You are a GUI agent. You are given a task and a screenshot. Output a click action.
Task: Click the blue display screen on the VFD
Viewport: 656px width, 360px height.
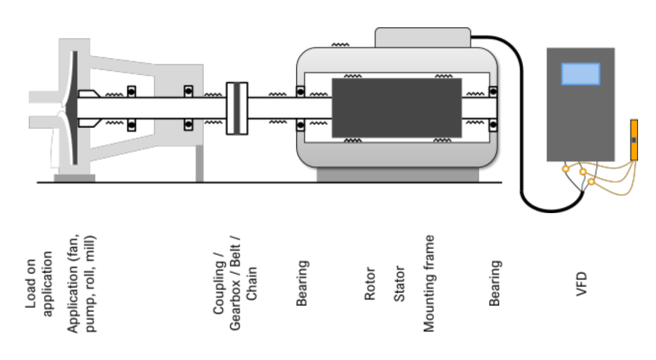(581, 74)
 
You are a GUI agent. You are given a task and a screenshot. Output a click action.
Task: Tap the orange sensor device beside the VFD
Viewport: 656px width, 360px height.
(634, 140)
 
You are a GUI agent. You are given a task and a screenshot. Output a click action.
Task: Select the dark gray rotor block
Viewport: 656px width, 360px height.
(397, 108)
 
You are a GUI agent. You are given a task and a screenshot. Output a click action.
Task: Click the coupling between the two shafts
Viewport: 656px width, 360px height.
(237, 108)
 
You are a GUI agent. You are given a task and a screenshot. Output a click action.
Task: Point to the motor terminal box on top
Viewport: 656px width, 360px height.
(423, 37)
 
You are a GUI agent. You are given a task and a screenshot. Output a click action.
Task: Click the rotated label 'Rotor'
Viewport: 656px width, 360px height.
(370, 283)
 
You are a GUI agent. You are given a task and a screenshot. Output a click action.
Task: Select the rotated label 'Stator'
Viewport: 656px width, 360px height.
(399, 283)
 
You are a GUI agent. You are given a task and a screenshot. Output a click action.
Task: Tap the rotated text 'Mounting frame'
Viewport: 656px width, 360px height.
(429, 283)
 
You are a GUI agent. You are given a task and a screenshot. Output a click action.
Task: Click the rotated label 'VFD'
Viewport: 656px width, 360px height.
(582, 284)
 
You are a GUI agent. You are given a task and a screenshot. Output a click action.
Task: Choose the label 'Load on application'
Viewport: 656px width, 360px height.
(38, 283)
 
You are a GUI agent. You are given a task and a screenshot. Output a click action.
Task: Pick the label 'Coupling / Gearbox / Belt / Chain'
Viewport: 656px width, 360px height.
(235, 283)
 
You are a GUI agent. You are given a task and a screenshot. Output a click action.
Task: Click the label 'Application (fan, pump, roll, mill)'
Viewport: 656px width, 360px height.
(81, 283)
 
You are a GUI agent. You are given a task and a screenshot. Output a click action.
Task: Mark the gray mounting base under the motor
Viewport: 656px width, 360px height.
(398, 175)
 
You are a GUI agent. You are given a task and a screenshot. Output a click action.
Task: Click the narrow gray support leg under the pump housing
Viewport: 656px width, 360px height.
(200, 163)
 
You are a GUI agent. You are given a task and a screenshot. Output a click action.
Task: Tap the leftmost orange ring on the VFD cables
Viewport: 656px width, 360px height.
(565, 169)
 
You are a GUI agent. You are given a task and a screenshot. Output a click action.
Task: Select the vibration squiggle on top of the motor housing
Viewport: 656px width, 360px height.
(340, 45)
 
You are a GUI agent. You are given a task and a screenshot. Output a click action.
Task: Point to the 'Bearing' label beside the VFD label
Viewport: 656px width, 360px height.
(494, 283)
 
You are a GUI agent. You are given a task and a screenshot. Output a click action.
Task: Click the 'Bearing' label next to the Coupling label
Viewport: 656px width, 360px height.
(302, 283)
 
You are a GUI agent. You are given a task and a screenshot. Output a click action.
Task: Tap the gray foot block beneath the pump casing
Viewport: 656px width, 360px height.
(74, 178)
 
